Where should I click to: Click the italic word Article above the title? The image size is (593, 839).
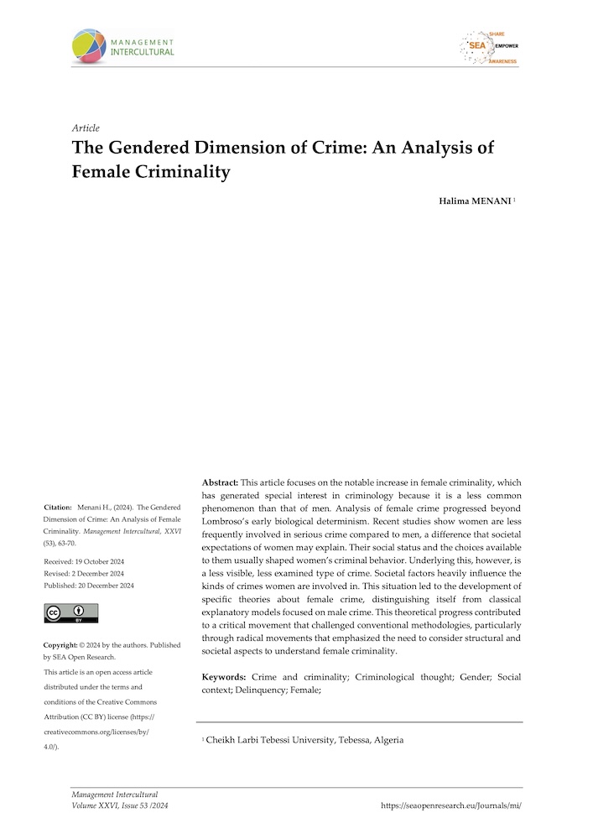tap(86, 128)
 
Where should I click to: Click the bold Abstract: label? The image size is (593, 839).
tap(221, 483)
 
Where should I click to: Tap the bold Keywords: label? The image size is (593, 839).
tap(224, 677)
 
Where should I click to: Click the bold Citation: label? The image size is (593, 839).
tap(59, 508)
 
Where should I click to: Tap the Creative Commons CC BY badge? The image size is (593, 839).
tap(70, 613)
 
